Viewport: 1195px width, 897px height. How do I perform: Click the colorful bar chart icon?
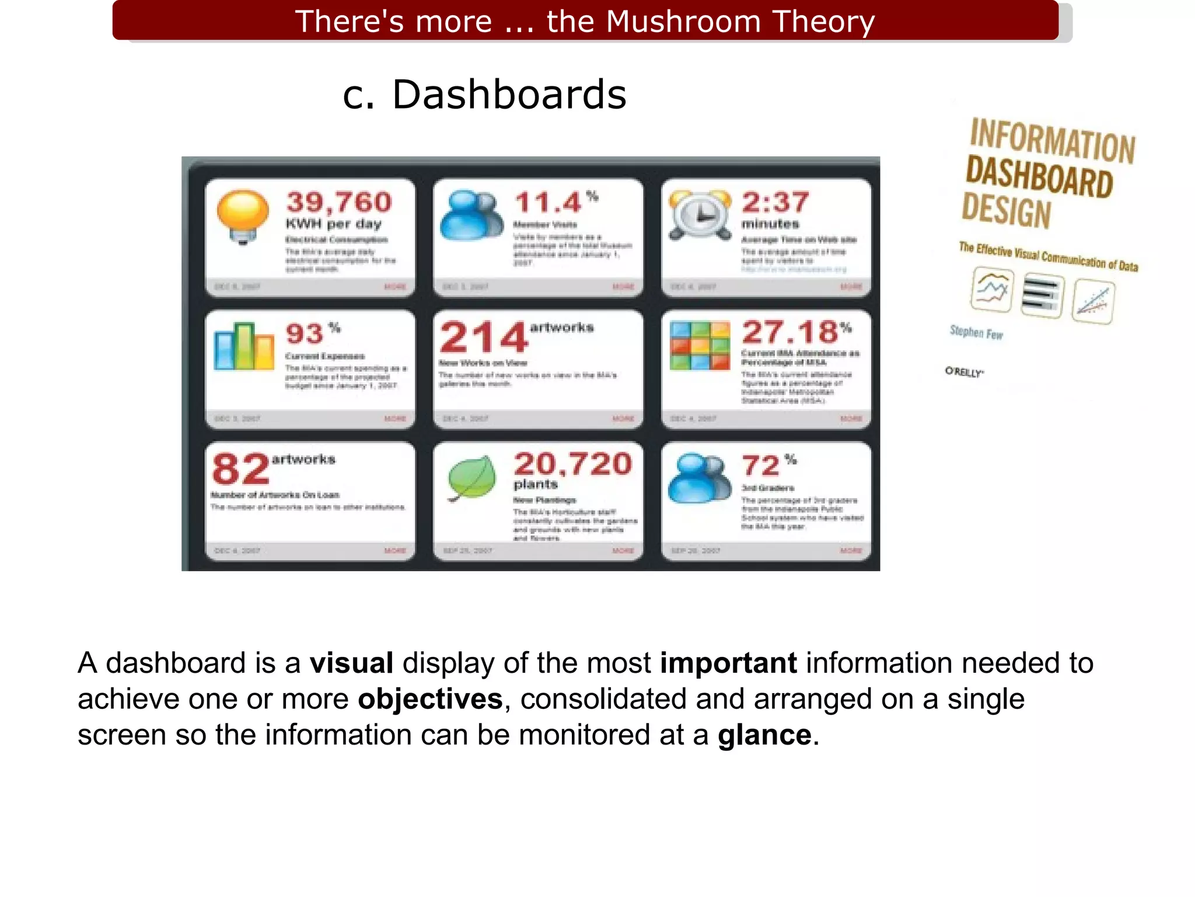pos(243,346)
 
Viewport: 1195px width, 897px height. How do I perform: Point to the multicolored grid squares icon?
pos(700,346)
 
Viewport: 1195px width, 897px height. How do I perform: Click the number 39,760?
pos(339,202)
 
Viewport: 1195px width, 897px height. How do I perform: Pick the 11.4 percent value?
pos(548,203)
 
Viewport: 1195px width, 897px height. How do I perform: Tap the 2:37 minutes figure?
pos(775,202)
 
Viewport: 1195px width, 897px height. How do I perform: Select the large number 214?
pos(484,338)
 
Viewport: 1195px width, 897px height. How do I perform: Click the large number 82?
pos(241,469)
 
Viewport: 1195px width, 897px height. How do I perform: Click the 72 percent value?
pos(761,465)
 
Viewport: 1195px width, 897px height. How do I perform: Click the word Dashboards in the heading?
pos(509,95)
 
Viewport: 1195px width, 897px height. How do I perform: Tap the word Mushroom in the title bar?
pos(683,22)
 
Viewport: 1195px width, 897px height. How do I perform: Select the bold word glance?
pos(764,735)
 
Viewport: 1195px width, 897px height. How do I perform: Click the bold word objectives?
pos(430,699)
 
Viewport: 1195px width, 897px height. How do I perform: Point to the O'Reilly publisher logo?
pos(964,371)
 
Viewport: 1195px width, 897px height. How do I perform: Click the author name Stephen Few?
pos(976,332)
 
